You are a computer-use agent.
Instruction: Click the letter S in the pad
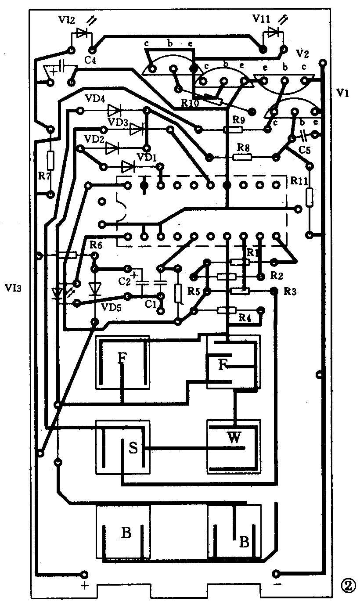[x=134, y=448]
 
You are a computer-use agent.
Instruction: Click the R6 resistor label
[x=96, y=245]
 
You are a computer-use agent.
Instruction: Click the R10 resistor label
[x=190, y=104]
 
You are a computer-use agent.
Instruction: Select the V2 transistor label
[x=302, y=54]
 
